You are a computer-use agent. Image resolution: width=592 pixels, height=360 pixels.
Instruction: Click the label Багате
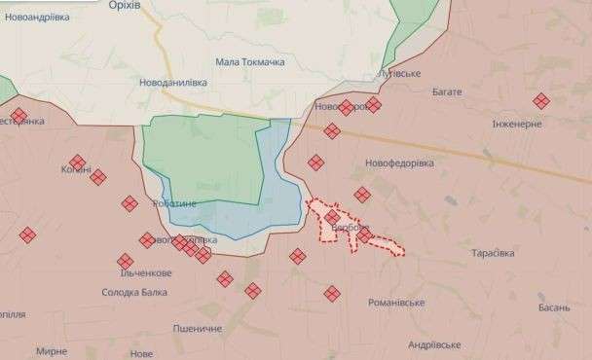[443, 91]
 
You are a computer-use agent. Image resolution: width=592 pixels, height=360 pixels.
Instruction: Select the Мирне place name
[51, 349]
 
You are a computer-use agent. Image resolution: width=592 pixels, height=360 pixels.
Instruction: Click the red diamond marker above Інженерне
[540, 100]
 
